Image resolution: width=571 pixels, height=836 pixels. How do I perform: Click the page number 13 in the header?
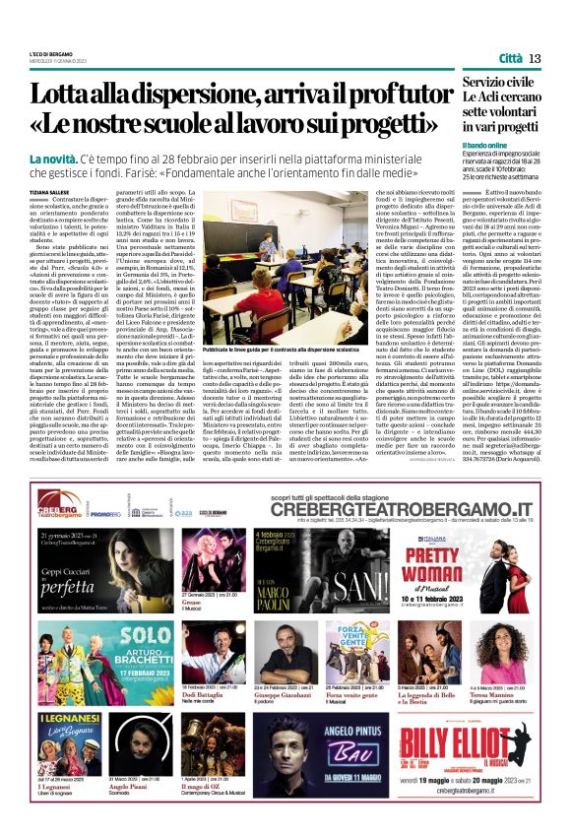point(535,59)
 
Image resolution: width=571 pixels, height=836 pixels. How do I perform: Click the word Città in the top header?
point(510,59)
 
